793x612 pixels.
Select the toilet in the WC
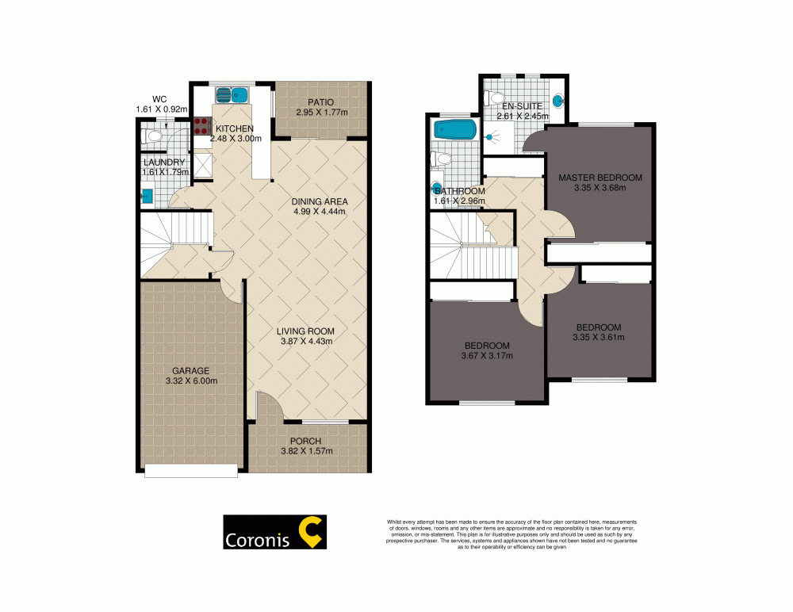click(152, 136)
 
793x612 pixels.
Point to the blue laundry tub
click(146, 194)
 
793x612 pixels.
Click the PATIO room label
click(321, 102)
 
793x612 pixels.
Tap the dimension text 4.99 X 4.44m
click(320, 212)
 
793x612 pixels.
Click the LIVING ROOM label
click(305, 331)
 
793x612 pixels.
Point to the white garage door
click(191, 471)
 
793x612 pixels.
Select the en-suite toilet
click(495, 98)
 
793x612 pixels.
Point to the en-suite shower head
click(490, 136)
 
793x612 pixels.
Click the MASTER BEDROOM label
click(600, 177)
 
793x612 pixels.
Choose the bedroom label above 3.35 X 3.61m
click(599, 327)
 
